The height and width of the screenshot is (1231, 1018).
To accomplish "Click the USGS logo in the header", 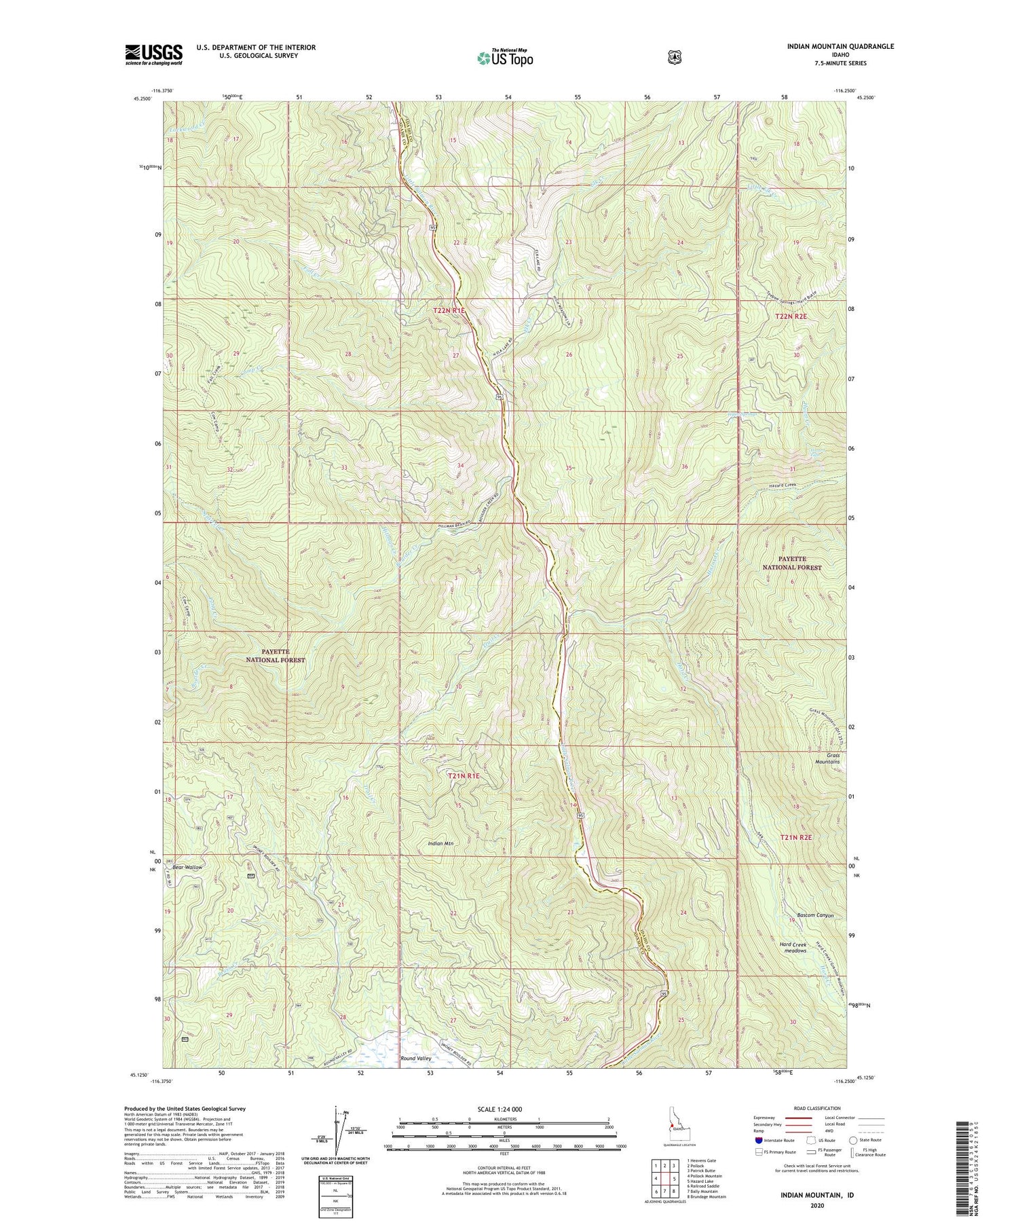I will [153, 54].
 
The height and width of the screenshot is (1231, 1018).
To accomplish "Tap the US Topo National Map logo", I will [505, 57].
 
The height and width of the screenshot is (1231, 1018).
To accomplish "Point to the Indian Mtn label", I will [440, 843].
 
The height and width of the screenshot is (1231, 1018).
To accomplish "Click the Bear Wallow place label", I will [187, 867].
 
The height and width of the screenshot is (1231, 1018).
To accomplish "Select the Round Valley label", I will [416, 1058].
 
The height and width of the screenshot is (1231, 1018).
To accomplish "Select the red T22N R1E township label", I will [450, 310].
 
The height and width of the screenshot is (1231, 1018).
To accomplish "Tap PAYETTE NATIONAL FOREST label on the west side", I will [276, 655].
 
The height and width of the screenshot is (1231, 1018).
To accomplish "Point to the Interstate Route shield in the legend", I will [758, 1140].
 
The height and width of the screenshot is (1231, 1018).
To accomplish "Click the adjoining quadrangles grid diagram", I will [665, 1178].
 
